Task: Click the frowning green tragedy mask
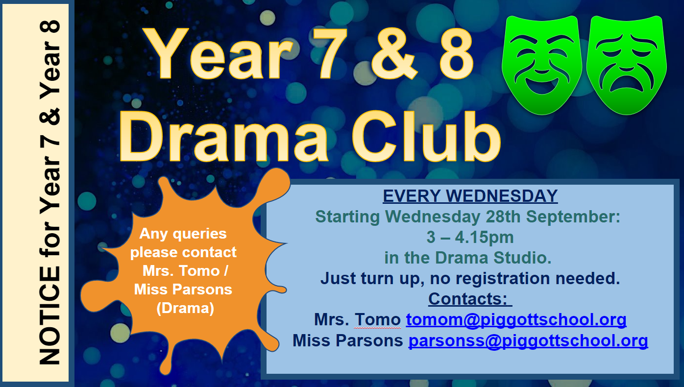pyautogui.click(x=626, y=65)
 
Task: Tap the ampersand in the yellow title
pyautogui.click(x=394, y=54)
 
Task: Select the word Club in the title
pyautogui.click(x=426, y=136)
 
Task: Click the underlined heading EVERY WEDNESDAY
pyautogui.click(x=470, y=195)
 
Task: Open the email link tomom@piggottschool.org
pyautogui.click(x=516, y=319)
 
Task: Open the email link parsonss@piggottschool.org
pyautogui.click(x=528, y=340)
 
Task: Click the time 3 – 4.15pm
pyautogui.click(x=470, y=237)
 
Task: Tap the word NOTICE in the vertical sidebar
pyautogui.click(x=50, y=316)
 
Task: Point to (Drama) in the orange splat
pyautogui.click(x=185, y=308)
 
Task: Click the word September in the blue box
pyautogui.click(x=573, y=217)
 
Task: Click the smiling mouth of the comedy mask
pyautogui.click(x=542, y=85)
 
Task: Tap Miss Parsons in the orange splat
pyautogui.click(x=183, y=290)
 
